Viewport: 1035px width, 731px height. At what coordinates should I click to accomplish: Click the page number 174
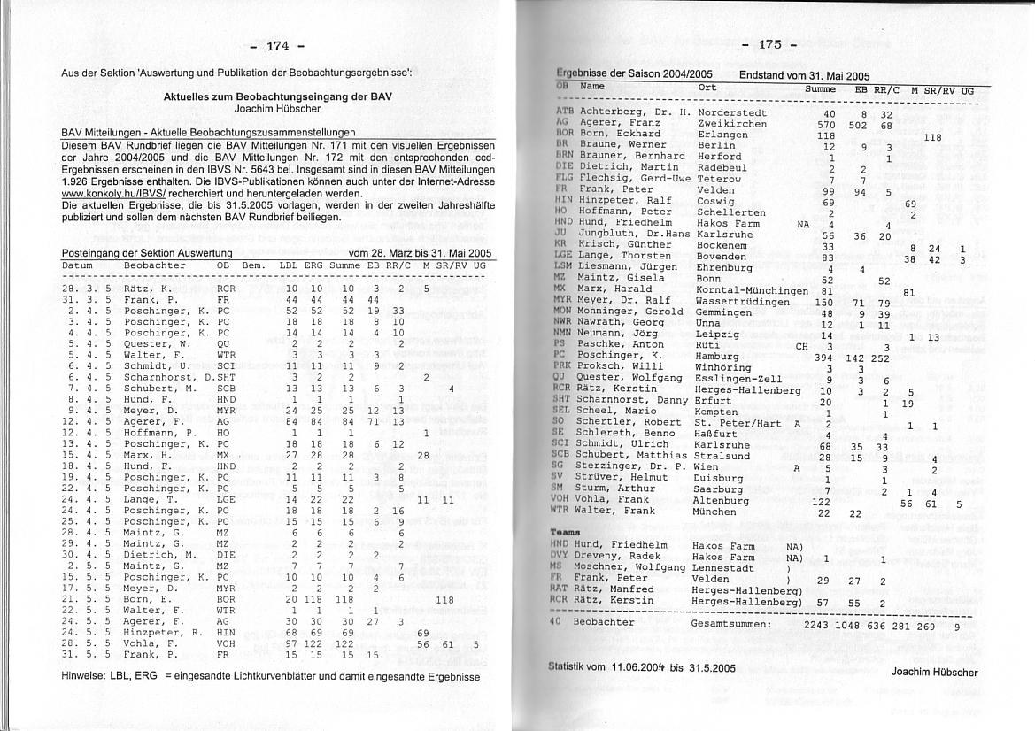[277, 45]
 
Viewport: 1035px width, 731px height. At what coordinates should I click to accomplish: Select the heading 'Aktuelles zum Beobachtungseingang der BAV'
[278, 96]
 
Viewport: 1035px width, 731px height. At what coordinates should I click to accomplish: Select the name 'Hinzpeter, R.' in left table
[164, 633]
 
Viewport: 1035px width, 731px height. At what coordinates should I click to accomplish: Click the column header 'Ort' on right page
[707, 88]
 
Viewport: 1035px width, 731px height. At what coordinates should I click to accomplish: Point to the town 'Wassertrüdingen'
[743, 302]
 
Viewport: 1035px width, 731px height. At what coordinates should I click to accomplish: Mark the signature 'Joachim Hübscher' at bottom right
[934, 672]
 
